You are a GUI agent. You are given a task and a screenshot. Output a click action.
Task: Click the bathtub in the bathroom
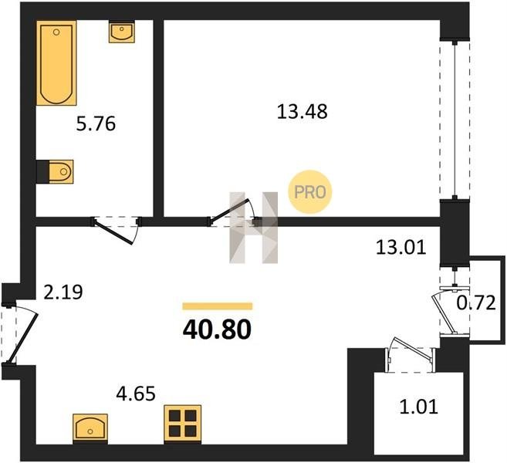click(x=56, y=63)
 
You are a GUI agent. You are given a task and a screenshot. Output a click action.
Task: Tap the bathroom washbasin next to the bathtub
click(x=122, y=32)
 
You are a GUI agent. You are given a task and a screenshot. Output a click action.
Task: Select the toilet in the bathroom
click(x=59, y=171)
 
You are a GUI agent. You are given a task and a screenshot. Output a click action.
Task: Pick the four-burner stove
click(x=183, y=424)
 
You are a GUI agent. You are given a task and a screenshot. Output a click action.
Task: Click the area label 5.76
click(x=96, y=124)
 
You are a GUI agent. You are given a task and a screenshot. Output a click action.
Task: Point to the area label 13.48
click(x=303, y=111)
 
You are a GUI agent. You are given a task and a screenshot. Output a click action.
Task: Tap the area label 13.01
click(x=401, y=248)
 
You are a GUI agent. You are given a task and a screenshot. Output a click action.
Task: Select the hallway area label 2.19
click(x=63, y=292)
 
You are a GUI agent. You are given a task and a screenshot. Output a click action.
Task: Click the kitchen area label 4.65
click(x=136, y=394)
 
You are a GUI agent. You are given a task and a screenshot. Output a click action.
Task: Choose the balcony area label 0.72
click(x=476, y=303)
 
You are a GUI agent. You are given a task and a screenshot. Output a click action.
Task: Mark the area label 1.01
click(x=419, y=407)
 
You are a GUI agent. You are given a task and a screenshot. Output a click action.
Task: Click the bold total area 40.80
click(x=217, y=330)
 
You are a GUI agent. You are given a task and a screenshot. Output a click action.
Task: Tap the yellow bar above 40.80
click(x=218, y=306)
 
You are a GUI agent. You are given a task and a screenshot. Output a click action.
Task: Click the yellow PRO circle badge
click(x=310, y=192)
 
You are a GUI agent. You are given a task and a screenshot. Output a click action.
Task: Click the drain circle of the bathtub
click(x=56, y=32)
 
